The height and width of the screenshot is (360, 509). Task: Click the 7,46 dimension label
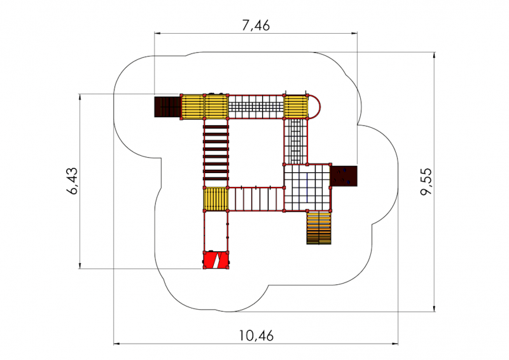click(x=256, y=25)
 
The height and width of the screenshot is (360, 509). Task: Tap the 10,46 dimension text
click(x=258, y=335)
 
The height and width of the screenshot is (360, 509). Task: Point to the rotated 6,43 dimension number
click(x=71, y=182)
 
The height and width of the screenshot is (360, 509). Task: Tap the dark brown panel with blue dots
click(x=345, y=176)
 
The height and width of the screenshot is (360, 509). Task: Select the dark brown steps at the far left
click(x=167, y=107)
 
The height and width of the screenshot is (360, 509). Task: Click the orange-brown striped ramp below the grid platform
click(x=319, y=227)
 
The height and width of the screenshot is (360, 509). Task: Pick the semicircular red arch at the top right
click(x=315, y=107)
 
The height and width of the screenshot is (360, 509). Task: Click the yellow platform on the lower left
click(x=216, y=199)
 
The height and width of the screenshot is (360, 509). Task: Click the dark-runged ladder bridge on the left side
click(x=216, y=153)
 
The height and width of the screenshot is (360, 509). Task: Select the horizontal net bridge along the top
click(x=256, y=107)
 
